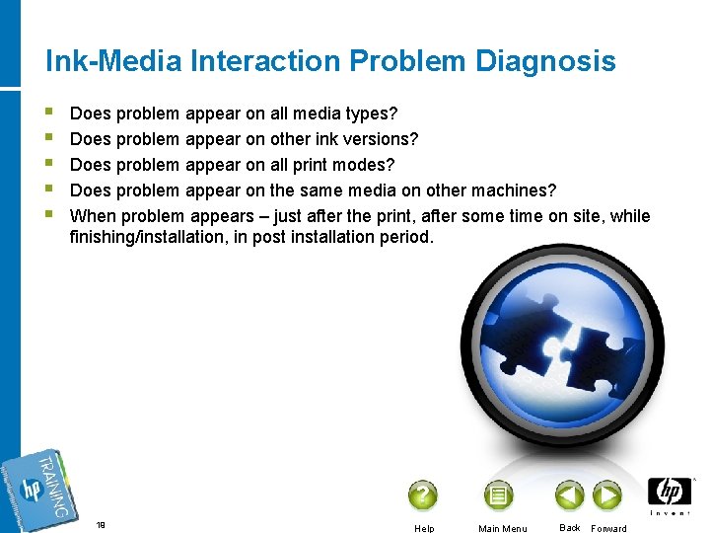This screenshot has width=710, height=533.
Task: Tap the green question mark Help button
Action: click(422, 495)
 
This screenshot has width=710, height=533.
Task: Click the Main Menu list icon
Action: click(498, 495)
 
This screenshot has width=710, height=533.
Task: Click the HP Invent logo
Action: click(670, 496)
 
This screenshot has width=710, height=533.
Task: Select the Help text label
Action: click(424, 528)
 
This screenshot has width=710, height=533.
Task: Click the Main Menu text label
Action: click(502, 528)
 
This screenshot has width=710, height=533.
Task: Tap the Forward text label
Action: click(608, 528)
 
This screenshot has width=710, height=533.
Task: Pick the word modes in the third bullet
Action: click(368, 164)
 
